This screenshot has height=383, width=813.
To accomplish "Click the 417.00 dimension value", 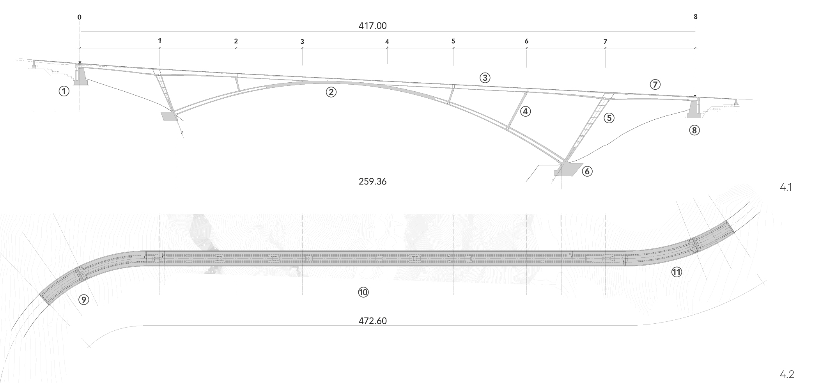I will (x=372, y=26).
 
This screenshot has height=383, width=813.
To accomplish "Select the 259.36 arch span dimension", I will (x=372, y=181).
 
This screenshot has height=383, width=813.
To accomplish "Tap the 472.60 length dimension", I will (x=372, y=321).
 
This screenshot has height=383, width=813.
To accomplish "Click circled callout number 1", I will (x=64, y=91).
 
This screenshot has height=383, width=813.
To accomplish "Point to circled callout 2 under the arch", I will (x=331, y=92).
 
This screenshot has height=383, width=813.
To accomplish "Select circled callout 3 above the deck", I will (x=485, y=78).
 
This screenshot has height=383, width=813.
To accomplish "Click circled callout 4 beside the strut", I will (x=525, y=112).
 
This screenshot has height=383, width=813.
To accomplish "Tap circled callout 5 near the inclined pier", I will (x=609, y=118).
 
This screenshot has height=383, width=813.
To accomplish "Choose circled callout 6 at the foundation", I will (x=587, y=171).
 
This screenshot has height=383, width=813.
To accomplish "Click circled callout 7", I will (x=655, y=84).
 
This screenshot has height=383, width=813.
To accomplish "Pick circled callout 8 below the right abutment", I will (x=694, y=130).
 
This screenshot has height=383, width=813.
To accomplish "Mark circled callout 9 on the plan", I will (x=83, y=300).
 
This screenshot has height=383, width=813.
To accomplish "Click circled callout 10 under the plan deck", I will (x=363, y=292).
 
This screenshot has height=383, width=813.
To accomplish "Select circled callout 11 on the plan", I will (x=677, y=272).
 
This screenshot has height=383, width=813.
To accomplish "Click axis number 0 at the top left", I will (x=80, y=18).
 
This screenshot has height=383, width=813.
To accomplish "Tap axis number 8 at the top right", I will (x=696, y=17).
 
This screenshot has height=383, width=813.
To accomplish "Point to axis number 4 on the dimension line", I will (x=387, y=42).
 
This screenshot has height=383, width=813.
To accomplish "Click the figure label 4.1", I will (x=786, y=188).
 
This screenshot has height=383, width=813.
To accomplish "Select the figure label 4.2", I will (x=786, y=375).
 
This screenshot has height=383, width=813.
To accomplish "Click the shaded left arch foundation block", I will (x=168, y=116).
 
